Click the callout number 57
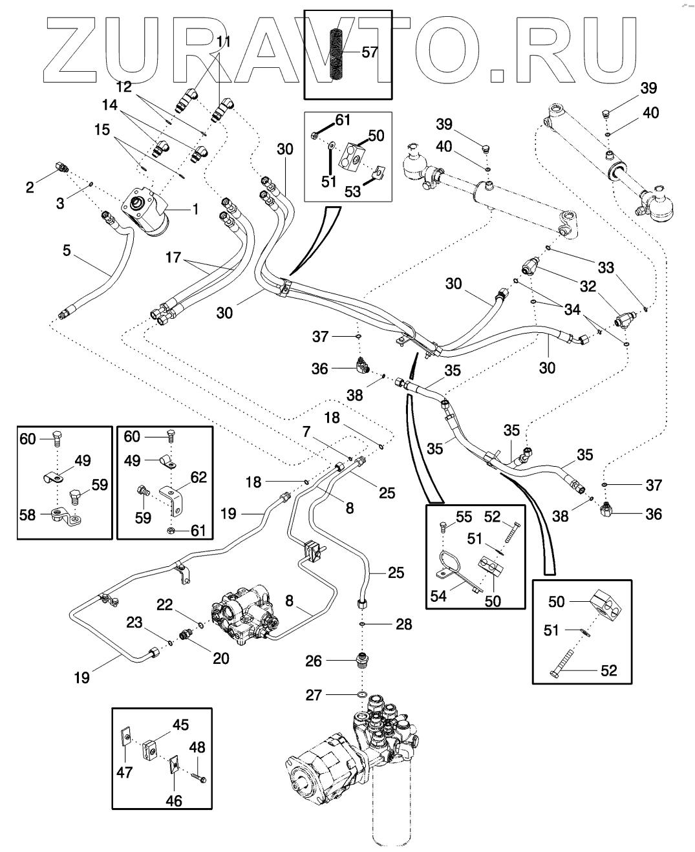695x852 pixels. pyautogui.click(x=370, y=52)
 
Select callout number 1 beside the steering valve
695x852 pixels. pyautogui.click(x=195, y=209)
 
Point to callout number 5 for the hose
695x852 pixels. pyautogui.click(x=67, y=250)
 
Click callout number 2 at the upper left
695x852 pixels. pyautogui.click(x=30, y=188)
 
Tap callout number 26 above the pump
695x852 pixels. pyautogui.click(x=314, y=661)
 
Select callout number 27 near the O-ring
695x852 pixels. pyautogui.click(x=314, y=695)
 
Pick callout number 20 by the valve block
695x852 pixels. pyautogui.click(x=220, y=658)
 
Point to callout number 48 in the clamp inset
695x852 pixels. pyautogui.click(x=197, y=748)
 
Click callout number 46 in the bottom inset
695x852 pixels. pyautogui.click(x=174, y=801)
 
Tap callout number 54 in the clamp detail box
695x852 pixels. pyautogui.click(x=438, y=595)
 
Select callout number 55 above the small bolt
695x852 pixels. pyautogui.click(x=464, y=517)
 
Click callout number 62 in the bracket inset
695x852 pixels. pyautogui.click(x=198, y=478)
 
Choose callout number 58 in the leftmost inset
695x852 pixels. pyautogui.click(x=28, y=515)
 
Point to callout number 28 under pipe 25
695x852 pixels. pyautogui.click(x=403, y=624)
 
